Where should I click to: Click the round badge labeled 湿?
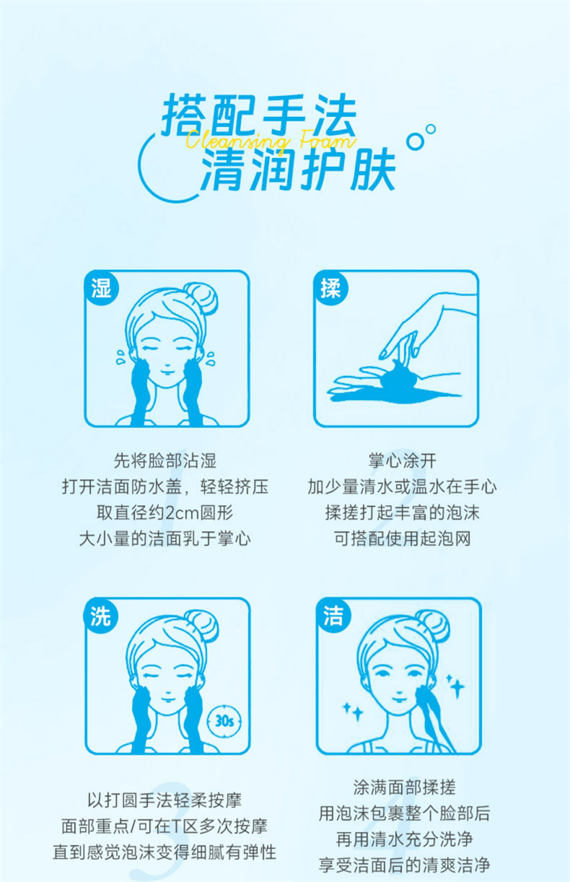102,287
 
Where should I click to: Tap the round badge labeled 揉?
330,287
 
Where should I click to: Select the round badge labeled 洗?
101,616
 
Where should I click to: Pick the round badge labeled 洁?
334,616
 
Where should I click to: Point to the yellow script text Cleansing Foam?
271,140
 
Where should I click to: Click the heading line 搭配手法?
260,114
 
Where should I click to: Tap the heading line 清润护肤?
299,170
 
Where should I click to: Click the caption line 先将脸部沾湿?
165,460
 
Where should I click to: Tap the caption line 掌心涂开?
403,460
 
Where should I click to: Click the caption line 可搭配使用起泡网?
403,538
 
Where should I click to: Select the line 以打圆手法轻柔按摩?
165,800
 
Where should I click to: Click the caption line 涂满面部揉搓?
404,787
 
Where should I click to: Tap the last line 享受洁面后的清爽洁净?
404,865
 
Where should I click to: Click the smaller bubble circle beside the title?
431,129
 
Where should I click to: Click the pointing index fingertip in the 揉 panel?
383,357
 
